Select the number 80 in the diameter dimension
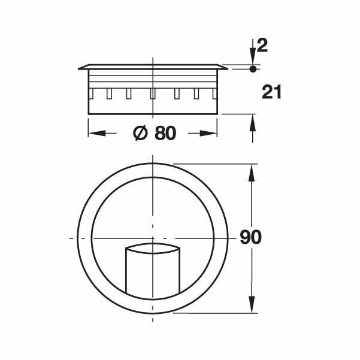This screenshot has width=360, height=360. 165,134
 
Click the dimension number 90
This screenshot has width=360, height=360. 250,238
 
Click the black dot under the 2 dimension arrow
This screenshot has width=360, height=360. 252,69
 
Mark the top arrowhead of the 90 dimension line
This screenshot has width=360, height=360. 253,170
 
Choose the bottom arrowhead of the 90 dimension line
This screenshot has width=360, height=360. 253,306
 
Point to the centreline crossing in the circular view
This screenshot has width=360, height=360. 153,238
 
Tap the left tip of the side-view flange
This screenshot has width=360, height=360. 79,68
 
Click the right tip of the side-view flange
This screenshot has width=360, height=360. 227,68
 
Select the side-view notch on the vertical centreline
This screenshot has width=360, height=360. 153,93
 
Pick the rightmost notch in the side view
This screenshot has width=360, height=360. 213,93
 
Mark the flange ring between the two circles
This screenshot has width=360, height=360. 85,238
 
